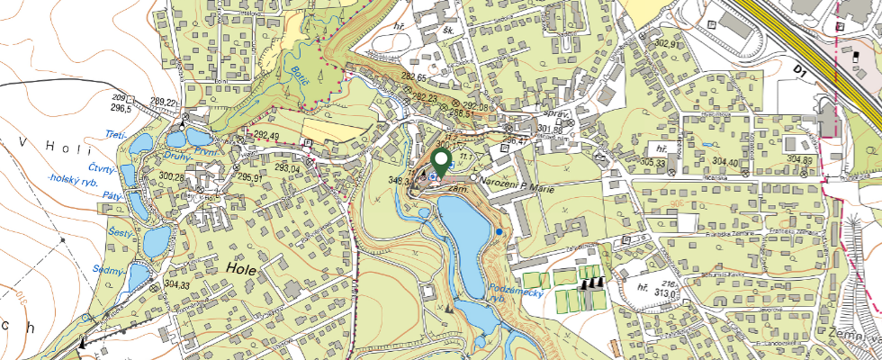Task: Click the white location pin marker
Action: click(x=442, y=162)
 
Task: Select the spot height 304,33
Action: click(x=178, y=284)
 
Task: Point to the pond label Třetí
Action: click(x=114, y=134)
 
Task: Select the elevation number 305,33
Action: click(x=653, y=163)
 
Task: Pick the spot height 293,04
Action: click(x=287, y=168)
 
